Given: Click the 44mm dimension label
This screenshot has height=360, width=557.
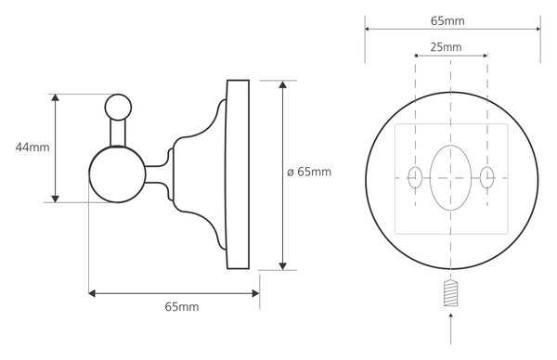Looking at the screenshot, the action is (32, 148).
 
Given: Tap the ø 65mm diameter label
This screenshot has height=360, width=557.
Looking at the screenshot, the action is (309, 172).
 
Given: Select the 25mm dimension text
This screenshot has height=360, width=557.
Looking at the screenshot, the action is (446, 47).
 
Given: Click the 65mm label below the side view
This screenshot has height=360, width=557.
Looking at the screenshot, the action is (182, 307).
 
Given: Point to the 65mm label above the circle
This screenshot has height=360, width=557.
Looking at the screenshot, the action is (447, 21).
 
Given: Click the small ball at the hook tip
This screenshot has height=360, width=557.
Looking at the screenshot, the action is (118, 107).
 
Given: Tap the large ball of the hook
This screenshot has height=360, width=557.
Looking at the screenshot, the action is (117, 174).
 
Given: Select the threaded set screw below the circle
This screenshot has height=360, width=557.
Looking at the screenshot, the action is (450, 293).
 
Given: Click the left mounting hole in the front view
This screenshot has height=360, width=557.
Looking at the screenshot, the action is (415, 177).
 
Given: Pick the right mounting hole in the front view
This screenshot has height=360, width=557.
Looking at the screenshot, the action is (487, 177).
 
